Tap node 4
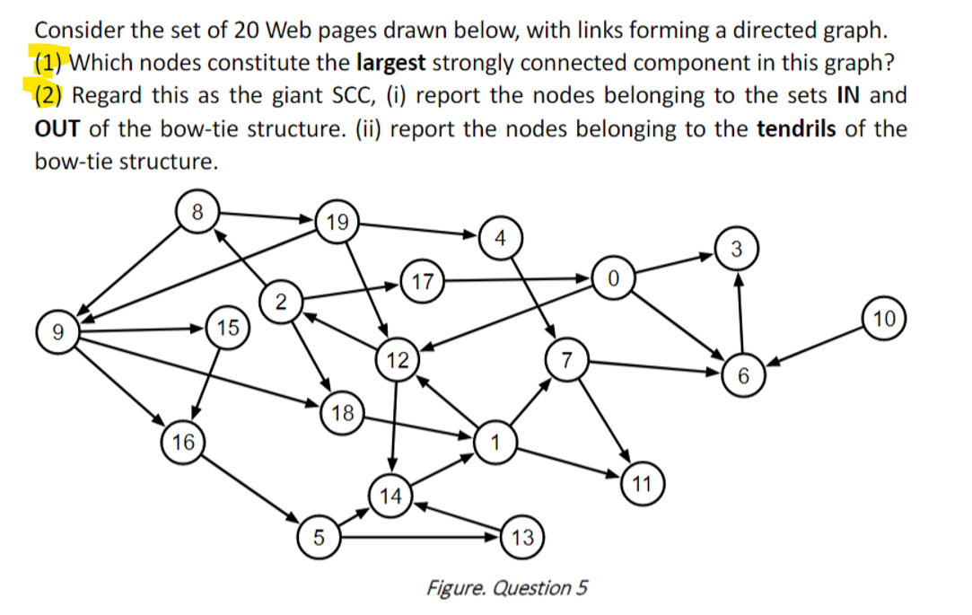click(x=500, y=238)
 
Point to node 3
click(x=735, y=249)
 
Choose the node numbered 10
click(x=885, y=318)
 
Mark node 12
click(x=397, y=361)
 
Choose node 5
click(x=319, y=540)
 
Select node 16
click(x=183, y=442)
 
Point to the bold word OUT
click(x=58, y=128)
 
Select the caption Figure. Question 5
click(x=508, y=588)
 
